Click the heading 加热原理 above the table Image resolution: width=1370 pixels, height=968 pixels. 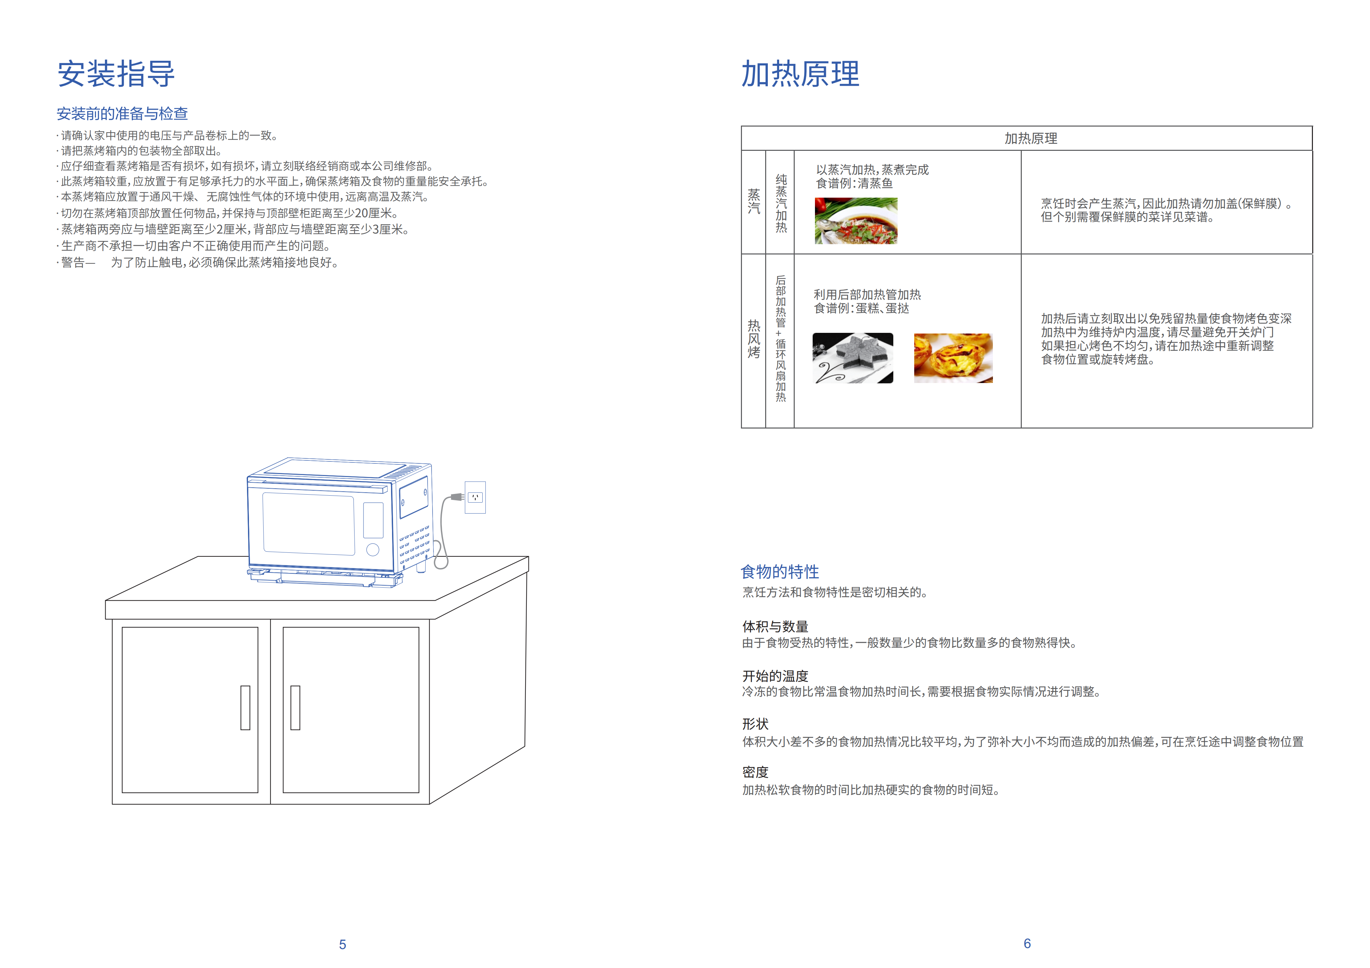pos(800,74)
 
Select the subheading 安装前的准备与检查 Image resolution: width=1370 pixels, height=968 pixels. pos(122,114)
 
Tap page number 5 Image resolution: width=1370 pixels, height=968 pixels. pos(343,944)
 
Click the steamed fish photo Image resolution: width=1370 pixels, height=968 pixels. pos(856,221)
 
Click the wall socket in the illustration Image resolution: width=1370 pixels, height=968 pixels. pos(475,497)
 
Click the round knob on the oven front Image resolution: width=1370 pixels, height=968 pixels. pos(373,549)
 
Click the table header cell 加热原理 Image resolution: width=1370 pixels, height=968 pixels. pos(1030,139)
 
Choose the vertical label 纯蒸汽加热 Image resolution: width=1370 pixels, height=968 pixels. pos(781,203)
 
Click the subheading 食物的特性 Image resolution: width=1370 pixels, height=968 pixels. pos(779,571)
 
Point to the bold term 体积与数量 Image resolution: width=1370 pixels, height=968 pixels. pos(775,627)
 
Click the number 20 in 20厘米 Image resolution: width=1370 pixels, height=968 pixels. pos(362,213)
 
